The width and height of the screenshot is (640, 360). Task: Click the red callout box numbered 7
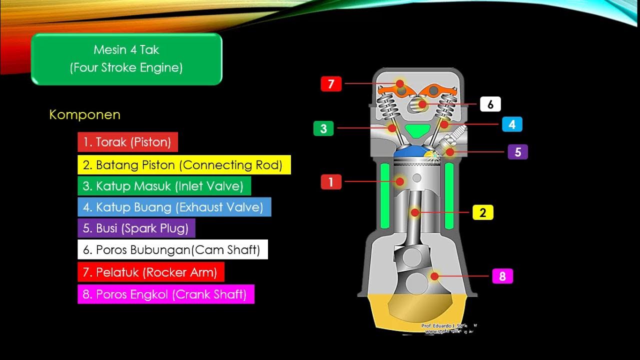click(x=331, y=84)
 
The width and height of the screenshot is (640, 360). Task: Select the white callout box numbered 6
click(x=490, y=104)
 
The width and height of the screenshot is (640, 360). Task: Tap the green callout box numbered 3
click(x=323, y=128)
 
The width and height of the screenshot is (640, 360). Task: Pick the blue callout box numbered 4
click(x=512, y=124)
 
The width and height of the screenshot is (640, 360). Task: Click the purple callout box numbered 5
click(x=518, y=151)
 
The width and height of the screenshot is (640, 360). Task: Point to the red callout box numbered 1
click(x=331, y=181)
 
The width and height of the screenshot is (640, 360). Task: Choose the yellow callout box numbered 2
click(x=482, y=212)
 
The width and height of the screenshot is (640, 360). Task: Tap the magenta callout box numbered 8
click(x=502, y=276)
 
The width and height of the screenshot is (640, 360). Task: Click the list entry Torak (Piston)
click(x=127, y=142)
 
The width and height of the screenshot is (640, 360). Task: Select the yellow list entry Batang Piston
click(x=184, y=164)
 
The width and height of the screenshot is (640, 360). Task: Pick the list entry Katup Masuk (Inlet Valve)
click(x=164, y=186)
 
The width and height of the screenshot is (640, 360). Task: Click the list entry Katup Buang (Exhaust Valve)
click(x=174, y=207)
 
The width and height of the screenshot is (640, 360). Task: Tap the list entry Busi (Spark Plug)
click(x=136, y=228)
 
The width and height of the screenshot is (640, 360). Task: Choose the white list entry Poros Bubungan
click(x=172, y=249)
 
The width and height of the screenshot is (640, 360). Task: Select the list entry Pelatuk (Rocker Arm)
click(x=150, y=272)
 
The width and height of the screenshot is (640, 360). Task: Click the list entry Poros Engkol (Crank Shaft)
click(x=165, y=294)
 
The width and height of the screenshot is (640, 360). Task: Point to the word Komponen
click(x=84, y=114)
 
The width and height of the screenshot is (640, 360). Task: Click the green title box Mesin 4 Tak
click(x=126, y=59)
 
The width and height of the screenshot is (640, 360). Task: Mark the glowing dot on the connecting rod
click(x=414, y=212)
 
